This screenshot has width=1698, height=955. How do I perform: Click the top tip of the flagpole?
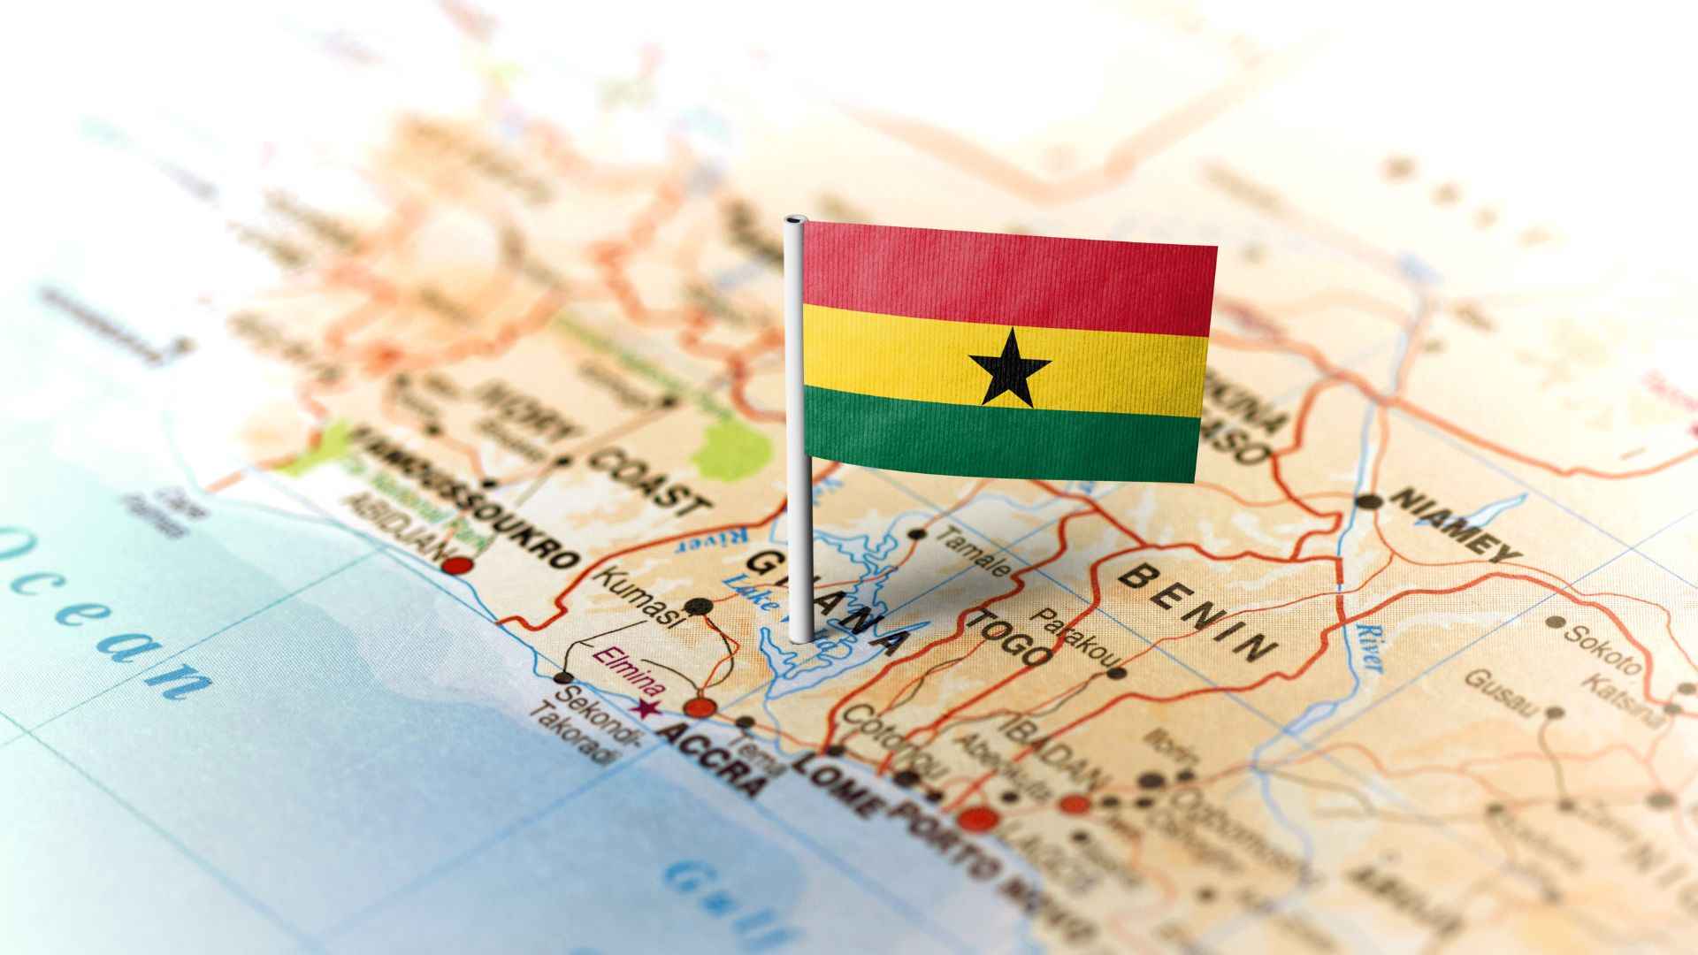(x=795, y=219)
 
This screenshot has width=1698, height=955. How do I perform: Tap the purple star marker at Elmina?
(x=648, y=708)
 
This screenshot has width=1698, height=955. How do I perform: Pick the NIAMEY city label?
(x=1456, y=525)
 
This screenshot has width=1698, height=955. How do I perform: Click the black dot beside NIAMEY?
(x=1369, y=501)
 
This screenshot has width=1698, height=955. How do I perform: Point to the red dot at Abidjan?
(x=457, y=566)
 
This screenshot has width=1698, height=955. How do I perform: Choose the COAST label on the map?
(x=650, y=481)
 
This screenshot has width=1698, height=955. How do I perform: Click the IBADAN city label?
(x=1052, y=753)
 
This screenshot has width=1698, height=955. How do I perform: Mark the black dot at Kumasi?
(x=699, y=607)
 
